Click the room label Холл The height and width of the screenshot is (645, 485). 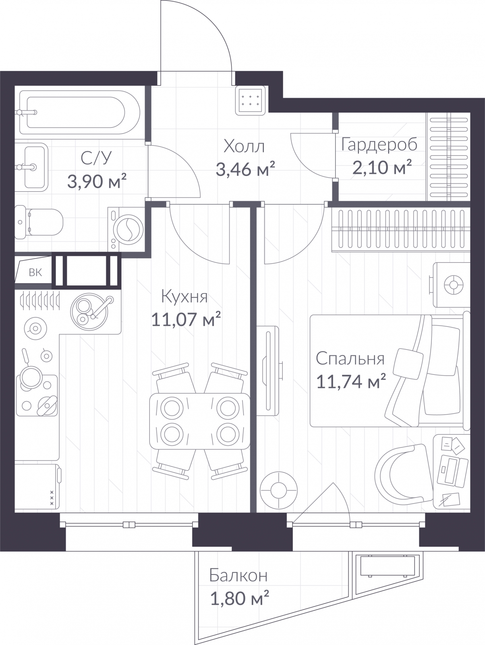coord(244,146)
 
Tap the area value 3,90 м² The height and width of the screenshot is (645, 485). coord(97,181)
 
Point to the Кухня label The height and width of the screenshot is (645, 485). coord(184,296)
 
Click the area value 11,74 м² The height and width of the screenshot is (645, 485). coord(351,381)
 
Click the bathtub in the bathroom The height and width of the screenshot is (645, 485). coord(80,112)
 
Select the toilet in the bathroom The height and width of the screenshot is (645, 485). coord(39,222)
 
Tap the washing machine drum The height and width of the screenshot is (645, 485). coord(128,229)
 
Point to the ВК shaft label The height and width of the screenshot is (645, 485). coord(35,273)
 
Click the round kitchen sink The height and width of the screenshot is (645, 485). coord(89,311)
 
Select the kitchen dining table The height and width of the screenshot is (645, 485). coord(200,421)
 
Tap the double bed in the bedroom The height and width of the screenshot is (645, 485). coord(390,371)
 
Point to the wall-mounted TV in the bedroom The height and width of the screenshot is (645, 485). coord(268,371)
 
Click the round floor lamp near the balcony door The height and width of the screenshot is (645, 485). coord(279,490)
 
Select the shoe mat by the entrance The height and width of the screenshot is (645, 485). coord(251,100)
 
